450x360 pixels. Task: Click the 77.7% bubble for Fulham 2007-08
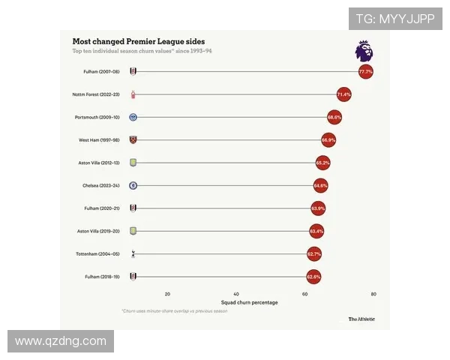365,72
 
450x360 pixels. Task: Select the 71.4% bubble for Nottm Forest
343,94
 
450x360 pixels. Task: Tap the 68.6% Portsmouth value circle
334,117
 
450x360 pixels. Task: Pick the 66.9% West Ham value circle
328,139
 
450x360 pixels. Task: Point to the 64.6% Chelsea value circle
320,185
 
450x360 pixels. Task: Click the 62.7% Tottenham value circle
314,254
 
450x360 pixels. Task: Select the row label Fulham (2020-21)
100,208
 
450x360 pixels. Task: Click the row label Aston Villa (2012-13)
97,163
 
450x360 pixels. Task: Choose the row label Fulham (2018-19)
100,277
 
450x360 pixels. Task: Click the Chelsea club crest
133,185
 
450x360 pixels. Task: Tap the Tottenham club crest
133,254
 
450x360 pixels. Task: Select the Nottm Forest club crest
133,94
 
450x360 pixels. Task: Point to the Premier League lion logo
364,52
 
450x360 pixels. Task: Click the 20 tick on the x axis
167,294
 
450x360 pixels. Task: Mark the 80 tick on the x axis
373,294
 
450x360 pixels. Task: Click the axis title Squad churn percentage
249,303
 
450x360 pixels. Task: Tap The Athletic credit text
361,319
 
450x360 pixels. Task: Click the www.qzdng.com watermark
61,341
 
